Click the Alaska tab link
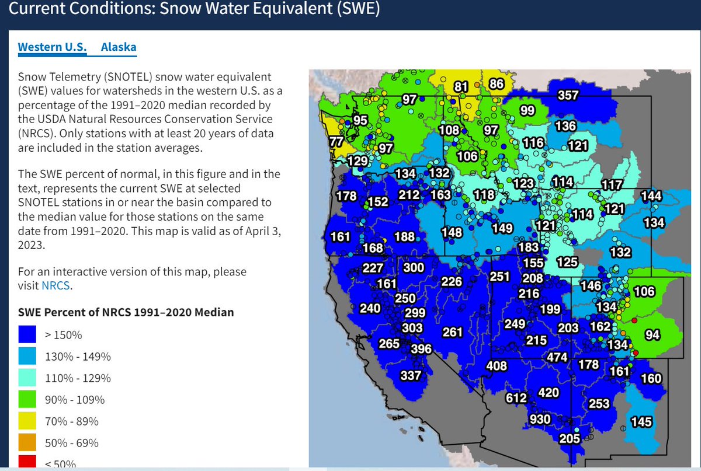119,47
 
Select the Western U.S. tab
52,47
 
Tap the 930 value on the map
541,420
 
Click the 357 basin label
568,96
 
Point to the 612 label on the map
516,398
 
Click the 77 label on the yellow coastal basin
336,142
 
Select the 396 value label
421,349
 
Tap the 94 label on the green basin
653,335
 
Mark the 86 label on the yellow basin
496,84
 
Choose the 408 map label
497,366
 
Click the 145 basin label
641,421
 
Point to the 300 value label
414,268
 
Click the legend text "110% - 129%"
78,378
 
